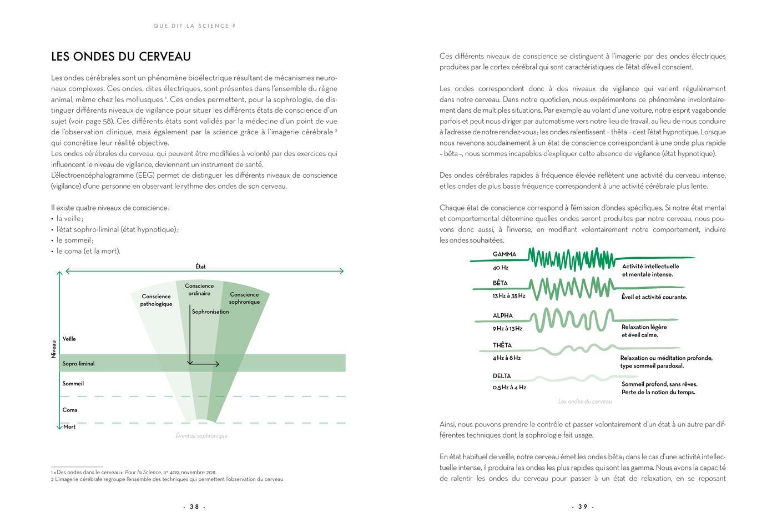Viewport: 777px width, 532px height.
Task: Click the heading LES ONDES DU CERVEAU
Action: [x=121, y=57]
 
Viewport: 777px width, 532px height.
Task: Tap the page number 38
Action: [x=194, y=506]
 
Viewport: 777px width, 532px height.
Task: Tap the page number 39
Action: [x=583, y=506]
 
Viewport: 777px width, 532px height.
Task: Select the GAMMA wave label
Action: [x=504, y=254]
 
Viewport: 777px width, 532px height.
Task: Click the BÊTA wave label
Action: [x=500, y=283]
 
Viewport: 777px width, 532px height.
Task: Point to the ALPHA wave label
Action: [x=503, y=315]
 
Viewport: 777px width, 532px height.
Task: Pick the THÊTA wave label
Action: [x=502, y=345]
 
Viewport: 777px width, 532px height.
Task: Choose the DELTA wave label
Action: [x=502, y=376]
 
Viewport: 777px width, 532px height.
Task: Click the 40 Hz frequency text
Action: [x=500, y=268]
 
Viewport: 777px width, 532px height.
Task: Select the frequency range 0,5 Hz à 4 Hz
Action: [x=509, y=387]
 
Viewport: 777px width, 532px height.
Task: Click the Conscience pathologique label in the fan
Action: [x=156, y=300]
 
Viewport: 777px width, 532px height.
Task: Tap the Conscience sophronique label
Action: [x=244, y=298]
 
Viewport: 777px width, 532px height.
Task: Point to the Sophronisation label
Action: [x=210, y=312]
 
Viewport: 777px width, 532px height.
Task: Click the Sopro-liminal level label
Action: [x=78, y=364]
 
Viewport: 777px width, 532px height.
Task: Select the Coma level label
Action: [x=70, y=410]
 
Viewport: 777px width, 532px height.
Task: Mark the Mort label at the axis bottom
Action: [x=69, y=426]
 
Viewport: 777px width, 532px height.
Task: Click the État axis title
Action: [x=200, y=267]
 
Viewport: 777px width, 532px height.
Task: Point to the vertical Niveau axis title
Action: [x=54, y=349]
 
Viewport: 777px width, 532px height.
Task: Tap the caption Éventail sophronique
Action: [x=201, y=436]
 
